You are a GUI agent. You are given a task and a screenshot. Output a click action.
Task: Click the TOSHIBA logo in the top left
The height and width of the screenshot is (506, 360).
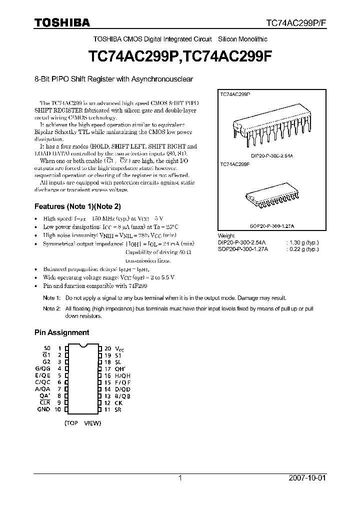[62, 22]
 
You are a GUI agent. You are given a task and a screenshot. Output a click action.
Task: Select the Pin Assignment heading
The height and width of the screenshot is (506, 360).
[61, 332]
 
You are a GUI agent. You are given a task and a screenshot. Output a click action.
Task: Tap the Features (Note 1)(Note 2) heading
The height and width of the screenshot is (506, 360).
[77, 206]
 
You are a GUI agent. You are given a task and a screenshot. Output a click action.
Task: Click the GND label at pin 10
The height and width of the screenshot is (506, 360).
[44, 409]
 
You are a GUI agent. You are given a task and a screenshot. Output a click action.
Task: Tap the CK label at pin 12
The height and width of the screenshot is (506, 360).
[118, 402]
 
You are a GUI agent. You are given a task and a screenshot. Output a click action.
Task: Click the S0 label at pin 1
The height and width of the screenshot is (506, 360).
[47, 347]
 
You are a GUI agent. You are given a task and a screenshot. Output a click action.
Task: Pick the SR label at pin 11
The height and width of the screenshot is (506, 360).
[118, 409]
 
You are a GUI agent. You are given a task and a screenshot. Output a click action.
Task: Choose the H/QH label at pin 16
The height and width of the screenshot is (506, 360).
[123, 375]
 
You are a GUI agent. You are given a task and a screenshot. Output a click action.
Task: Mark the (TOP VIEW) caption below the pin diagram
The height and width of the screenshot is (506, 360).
[82, 423]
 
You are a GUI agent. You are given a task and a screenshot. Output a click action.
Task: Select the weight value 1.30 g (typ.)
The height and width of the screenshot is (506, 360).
[302, 242]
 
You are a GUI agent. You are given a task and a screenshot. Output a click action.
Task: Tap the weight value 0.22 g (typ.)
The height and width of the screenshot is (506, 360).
[302, 249]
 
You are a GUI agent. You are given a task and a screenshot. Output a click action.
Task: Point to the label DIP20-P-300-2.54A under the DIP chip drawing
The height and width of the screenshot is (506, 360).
[271, 156]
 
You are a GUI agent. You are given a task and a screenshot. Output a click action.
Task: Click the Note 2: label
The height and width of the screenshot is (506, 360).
[52, 309]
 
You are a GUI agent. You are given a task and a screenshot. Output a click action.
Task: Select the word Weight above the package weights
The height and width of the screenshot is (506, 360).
[226, 236]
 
